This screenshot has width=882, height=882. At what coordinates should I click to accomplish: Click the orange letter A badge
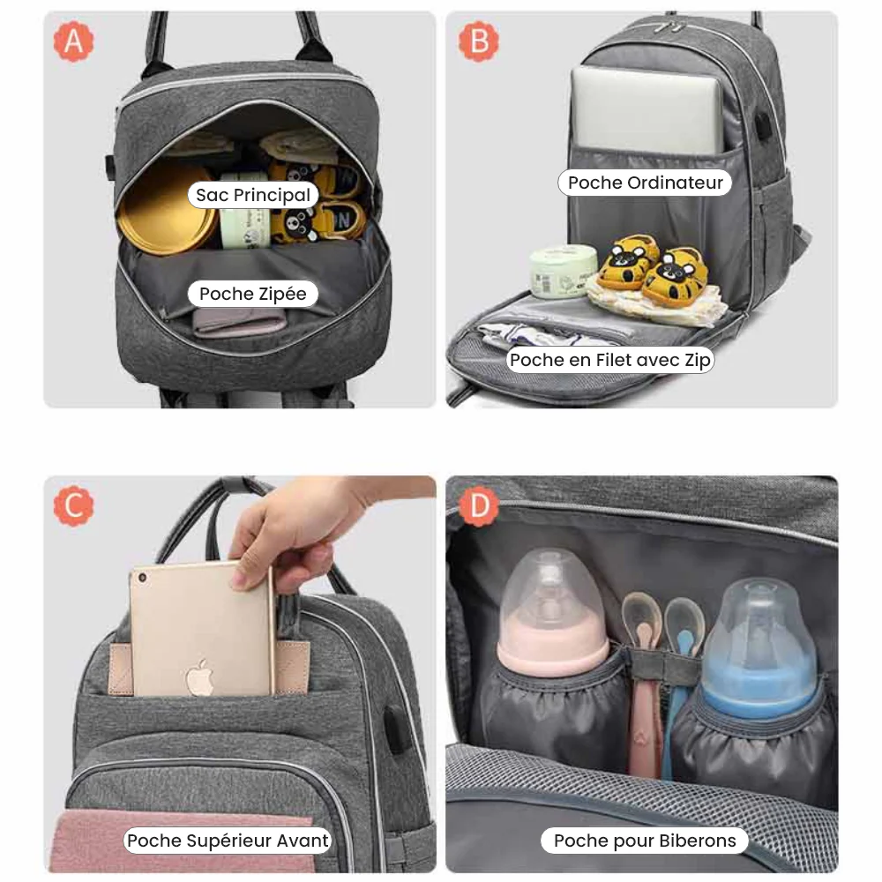[x=74, y=41]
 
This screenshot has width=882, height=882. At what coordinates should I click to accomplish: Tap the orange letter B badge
[x=479, y=41]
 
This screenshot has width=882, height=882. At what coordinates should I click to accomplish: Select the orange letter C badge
[x=74, y=505]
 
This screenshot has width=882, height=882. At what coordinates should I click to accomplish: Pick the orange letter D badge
[x=479, y=505]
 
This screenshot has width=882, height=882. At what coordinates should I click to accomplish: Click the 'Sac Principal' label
[x=253, y=195]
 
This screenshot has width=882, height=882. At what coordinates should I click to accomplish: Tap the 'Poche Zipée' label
[x=253, y=294]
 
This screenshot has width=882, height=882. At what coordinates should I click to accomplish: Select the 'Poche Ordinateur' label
[x=646, y=183]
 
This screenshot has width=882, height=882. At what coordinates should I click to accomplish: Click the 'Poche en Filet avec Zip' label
[x=610, y=360]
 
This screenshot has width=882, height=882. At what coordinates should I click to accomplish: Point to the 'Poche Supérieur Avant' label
[x=228, y=841]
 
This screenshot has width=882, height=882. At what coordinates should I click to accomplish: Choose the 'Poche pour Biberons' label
[x=645, y=841]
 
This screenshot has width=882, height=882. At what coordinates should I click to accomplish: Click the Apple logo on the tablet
[x=200, y=676]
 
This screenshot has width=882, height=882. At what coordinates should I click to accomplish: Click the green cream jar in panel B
[x=563, y=271]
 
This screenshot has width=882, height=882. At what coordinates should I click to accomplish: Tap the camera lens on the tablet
[x=142, y=578]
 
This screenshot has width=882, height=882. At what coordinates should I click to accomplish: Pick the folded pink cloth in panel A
[x=240, y=324]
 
